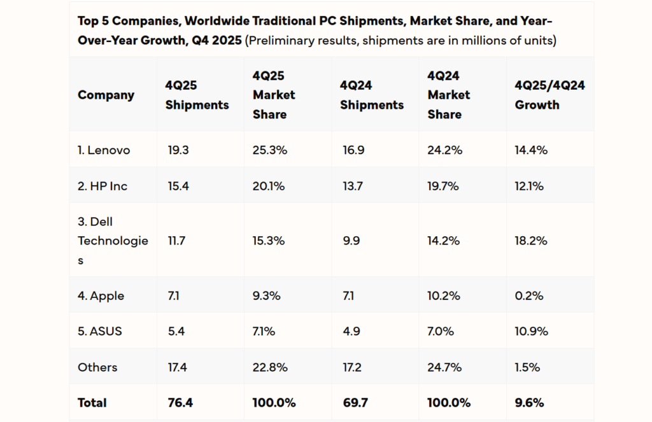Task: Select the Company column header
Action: coord(106,95)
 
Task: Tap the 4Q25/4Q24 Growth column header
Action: coord(549,95)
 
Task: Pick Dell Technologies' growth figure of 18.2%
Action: coord(531,241)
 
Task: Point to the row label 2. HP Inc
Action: coord(103,186)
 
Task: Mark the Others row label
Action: coord(97,367)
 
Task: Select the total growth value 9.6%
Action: coord(529,403)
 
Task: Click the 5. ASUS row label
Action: coord(100,332)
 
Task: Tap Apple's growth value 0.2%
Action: coord(529,296)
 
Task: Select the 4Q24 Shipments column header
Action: coord(372,95)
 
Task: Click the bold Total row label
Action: coord(92,403)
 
